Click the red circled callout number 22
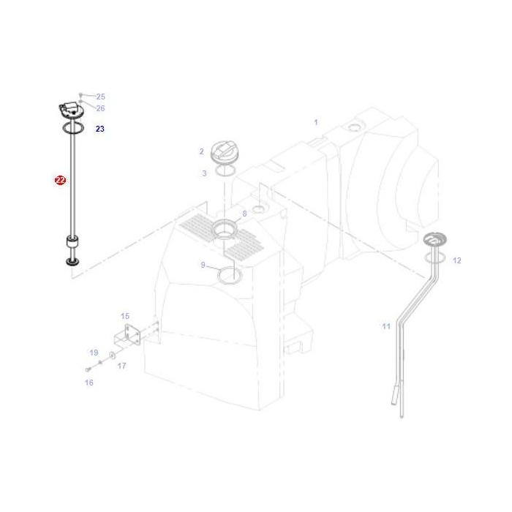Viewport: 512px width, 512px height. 60,179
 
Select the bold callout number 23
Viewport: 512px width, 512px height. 100,129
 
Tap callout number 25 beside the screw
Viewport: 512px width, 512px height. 100,97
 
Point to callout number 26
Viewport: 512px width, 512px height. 100,108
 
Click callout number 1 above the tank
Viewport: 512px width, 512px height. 316,122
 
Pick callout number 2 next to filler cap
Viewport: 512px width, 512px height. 201,151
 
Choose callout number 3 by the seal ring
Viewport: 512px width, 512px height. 204,173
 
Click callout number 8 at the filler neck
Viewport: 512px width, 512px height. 244,214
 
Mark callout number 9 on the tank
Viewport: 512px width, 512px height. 203,265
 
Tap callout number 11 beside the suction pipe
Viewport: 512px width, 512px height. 386,326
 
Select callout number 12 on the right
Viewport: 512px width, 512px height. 457,260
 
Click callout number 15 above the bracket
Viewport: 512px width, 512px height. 125,316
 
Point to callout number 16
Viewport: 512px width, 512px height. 89,382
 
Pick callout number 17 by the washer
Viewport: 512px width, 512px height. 121,366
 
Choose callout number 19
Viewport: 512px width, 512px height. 94,353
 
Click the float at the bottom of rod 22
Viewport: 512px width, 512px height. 72,242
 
